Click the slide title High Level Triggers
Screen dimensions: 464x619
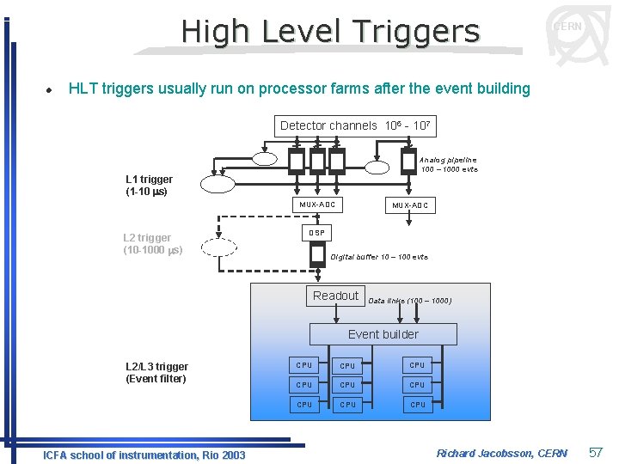click(x=330, y=32)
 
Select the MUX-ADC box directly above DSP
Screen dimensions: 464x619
click(x=317, y=205)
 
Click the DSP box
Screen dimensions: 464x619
click(x=317, y=233)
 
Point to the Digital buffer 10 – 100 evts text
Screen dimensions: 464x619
click(x=379, y=257)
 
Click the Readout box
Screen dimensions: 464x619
click(x=335, y=296)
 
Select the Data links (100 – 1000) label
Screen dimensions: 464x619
click(x=409, y=301)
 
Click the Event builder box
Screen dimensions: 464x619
click(x=383, y=334)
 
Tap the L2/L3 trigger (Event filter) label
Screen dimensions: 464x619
click(x=156, y=372)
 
